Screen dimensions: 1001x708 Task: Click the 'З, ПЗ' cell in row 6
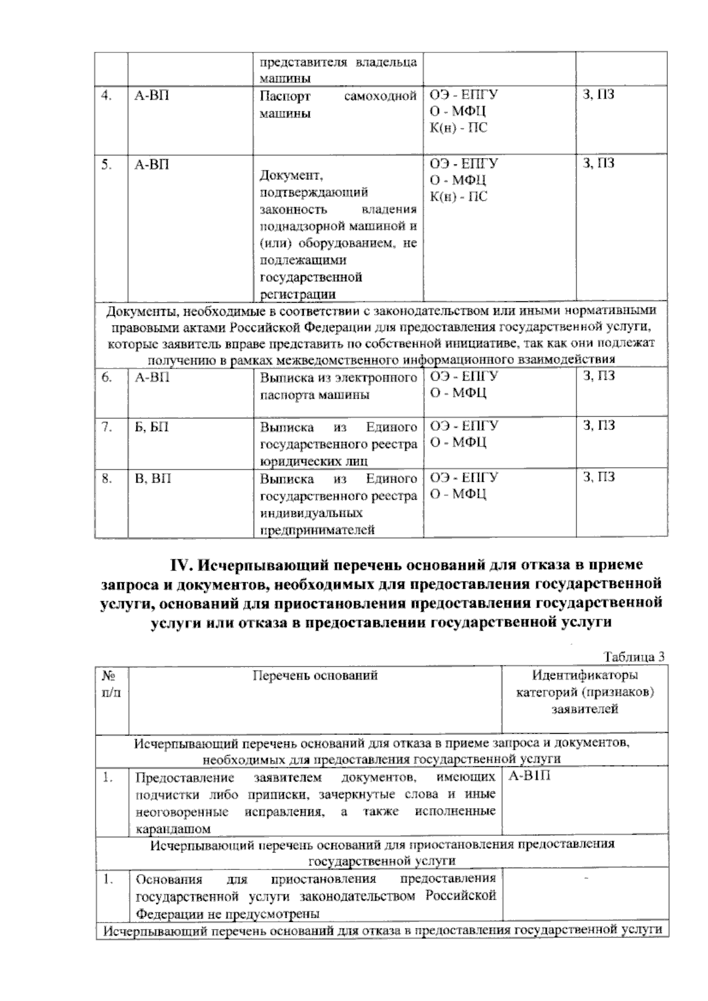598,376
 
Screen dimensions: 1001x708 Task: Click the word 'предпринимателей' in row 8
317,530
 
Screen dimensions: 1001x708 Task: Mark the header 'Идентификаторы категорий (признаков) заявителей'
585,692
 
